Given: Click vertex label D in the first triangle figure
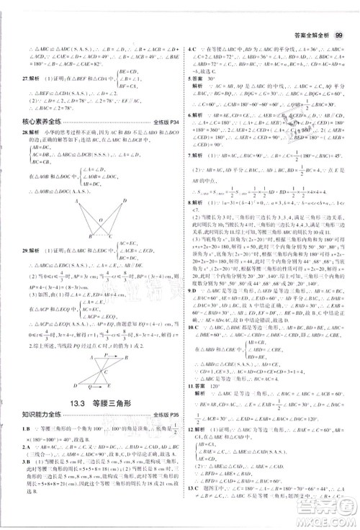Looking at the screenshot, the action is [x=125, y=201].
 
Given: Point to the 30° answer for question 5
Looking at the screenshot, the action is [x=221, y=78].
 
